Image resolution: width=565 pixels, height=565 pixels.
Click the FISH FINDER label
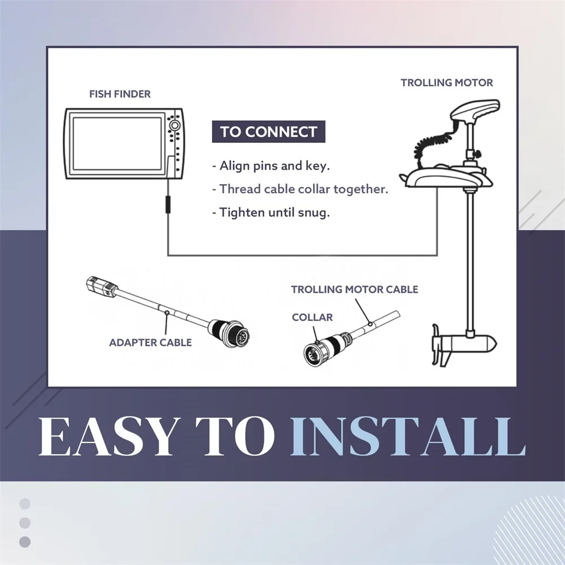[x=120, y=94]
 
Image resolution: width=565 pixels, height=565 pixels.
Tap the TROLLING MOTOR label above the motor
[x=446, y=82]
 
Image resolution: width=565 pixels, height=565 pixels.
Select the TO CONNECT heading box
[x=268, y=132]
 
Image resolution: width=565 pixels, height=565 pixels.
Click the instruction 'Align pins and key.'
[x=271, y=166]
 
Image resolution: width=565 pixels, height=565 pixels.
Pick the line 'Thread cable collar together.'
[x=300, y=189]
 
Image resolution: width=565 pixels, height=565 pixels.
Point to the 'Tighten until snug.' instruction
[x=271, y=212]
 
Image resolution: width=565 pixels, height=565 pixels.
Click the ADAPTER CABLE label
[x=150, y=342]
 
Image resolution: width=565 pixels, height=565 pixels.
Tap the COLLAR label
[x=312, y=317]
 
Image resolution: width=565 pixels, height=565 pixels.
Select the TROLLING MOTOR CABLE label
[x=355, y=289]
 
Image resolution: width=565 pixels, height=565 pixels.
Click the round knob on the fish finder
[x=174, y=125]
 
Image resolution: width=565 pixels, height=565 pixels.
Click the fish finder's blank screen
[x=118, y=144]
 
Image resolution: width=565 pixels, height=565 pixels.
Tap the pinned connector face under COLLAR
[x=315, y=355]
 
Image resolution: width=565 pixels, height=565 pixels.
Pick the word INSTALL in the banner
[x=408, y=436]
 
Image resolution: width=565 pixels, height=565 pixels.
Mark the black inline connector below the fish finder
[x=168, y=204]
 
